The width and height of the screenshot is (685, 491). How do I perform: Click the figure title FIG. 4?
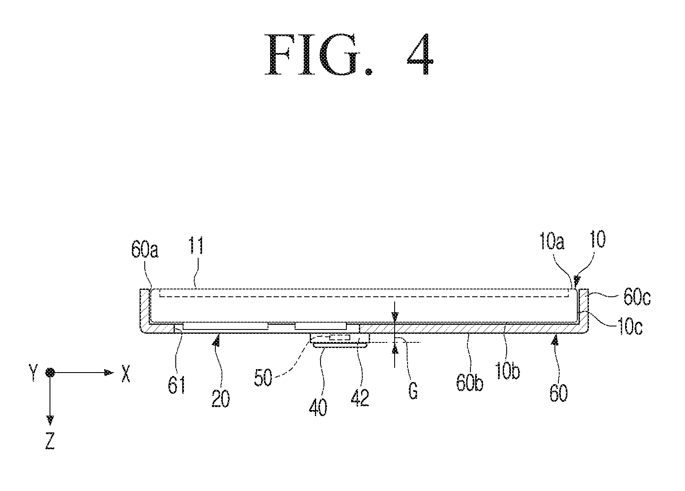point(349,54)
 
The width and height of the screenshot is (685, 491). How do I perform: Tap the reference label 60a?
point(145,249)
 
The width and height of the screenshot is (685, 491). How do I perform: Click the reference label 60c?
point(637,297)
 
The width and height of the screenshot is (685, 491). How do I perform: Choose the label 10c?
point(630,326)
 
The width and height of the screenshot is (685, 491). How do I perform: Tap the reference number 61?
point(177,385)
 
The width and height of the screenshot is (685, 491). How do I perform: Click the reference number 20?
point(221,399)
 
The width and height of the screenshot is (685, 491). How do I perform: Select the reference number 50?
point(263,378)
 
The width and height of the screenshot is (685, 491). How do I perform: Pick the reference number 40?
point(318,407)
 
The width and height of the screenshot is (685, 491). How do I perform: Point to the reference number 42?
point(360,398)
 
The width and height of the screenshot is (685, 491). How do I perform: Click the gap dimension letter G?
point(413,391)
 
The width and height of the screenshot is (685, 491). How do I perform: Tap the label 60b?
point(470,382)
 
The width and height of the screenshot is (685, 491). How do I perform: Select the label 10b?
point(508,371)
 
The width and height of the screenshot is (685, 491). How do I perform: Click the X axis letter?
point(126,373)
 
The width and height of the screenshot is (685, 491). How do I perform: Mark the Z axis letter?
point(50,441)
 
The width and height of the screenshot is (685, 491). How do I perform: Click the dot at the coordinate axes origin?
point(50,373)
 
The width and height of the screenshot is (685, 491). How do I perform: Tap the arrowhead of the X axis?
point(109,373)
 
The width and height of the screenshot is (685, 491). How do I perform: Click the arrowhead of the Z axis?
point(50,420)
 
